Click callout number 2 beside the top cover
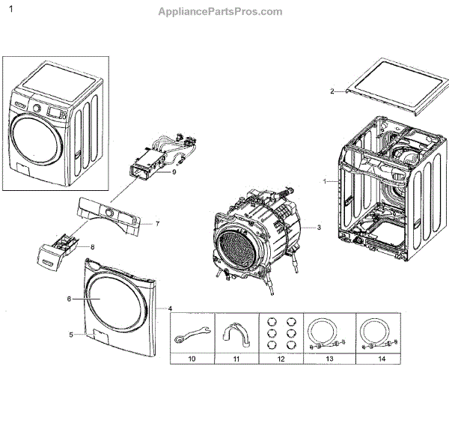[x=332, y=91]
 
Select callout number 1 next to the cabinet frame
[x=325, y=181]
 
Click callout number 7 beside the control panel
[x=157, y=224]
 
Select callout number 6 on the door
[x=69, y=299]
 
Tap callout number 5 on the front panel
[x=71, y=335]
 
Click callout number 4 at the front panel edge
[x=170, y=308]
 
